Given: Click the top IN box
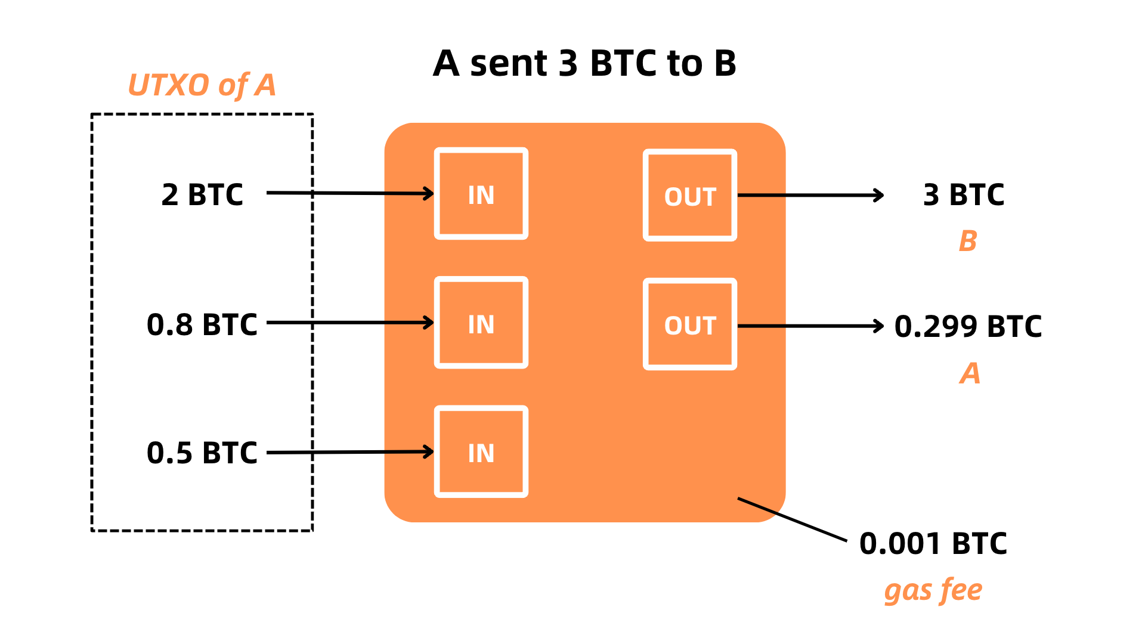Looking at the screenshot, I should (481, 194).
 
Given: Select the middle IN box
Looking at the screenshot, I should (481, 323).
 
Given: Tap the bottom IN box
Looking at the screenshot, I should (481, 451).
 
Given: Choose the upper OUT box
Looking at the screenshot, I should (689, 196).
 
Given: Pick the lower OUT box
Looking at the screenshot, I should (689, 324).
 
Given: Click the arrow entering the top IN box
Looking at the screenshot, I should (409, 193).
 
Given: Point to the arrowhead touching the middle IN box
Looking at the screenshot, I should (428, 323).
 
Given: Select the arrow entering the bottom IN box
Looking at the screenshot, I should (409, 452).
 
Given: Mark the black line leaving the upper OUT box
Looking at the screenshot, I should (762, 195).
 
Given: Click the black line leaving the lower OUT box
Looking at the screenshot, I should (762, 326).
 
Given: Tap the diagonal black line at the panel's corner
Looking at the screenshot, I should (757, 505).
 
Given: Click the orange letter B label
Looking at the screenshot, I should (968, 241).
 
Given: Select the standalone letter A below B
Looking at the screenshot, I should (970, 373).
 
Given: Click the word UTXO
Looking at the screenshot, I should (168, 85).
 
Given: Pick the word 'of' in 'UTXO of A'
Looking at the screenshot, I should (233, 86).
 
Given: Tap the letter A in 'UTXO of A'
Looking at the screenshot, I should (265, 85).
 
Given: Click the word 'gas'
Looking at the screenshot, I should (908, 592).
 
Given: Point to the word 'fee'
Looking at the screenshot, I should (961, 590).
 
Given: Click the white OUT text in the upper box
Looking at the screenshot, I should (690, 197).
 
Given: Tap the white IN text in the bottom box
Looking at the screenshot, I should (481, 454).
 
